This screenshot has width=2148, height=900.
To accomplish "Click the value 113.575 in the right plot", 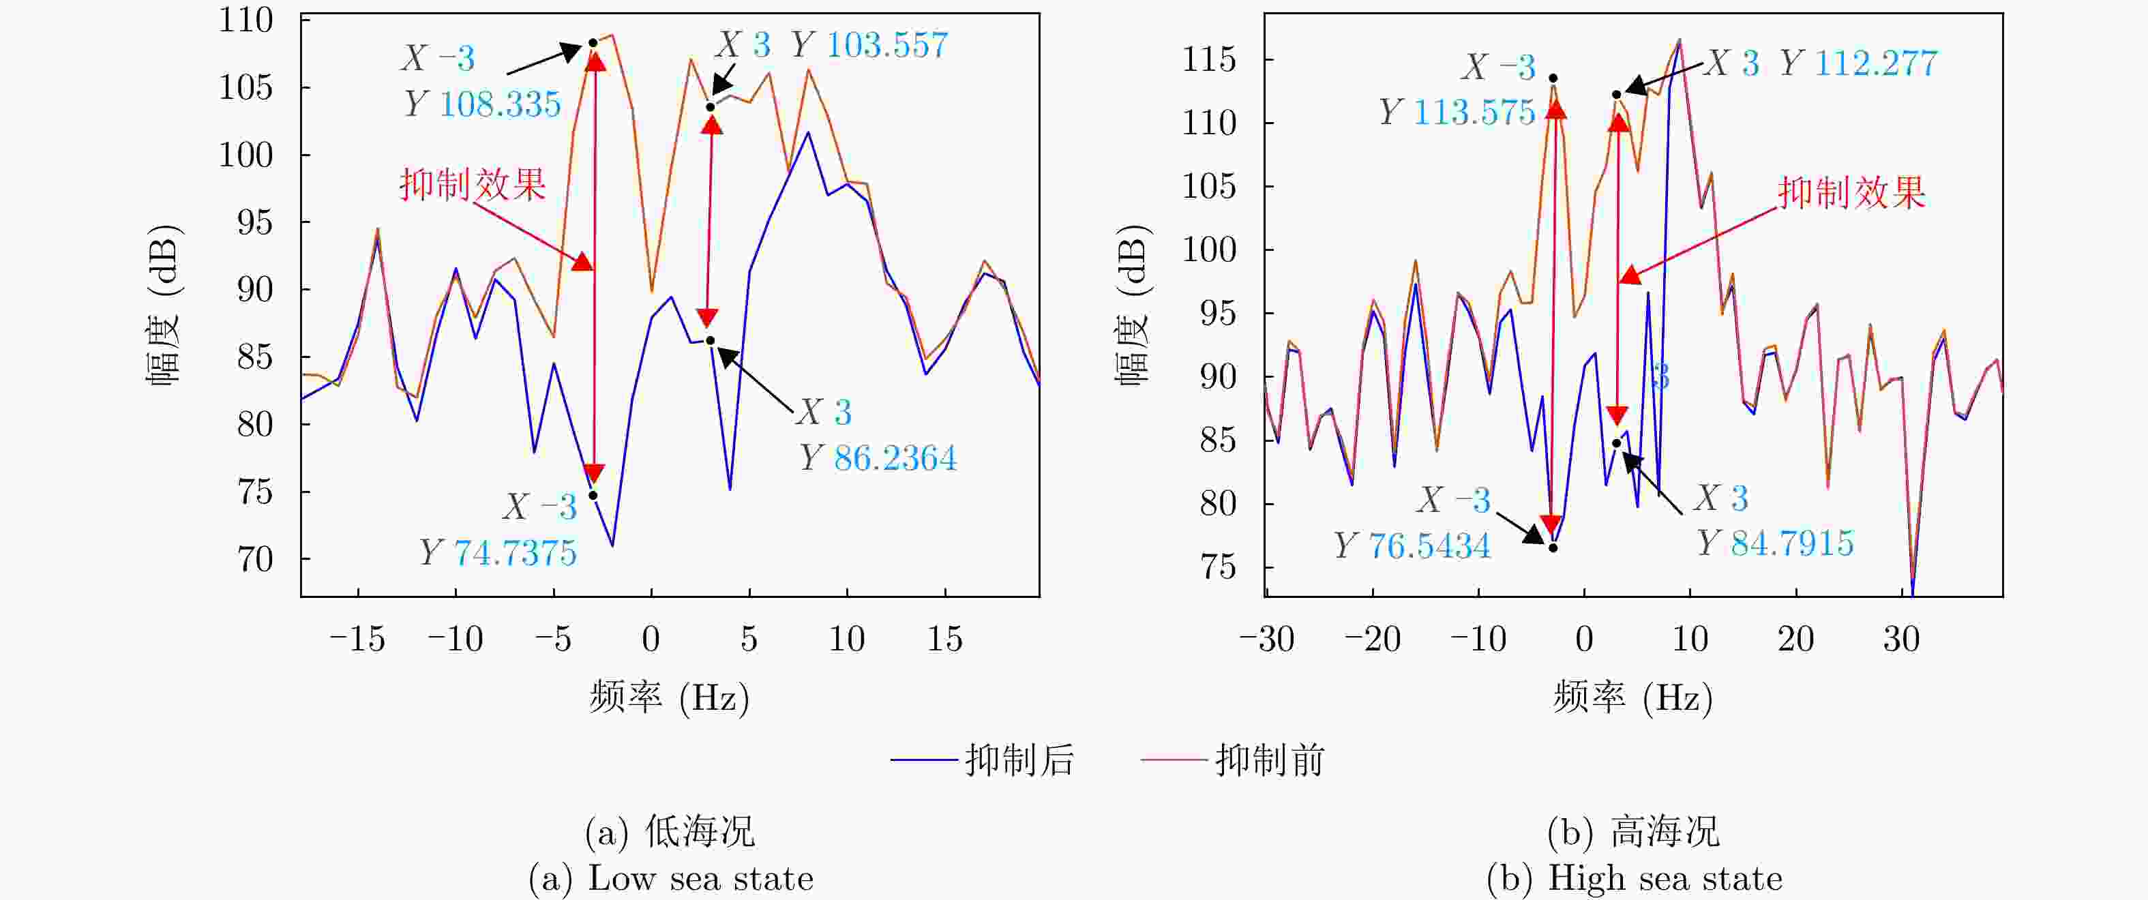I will tap(1474, 112).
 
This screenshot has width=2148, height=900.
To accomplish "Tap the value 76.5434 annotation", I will tap(1429, 546).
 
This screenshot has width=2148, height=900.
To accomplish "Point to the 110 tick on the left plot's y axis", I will tap(246, 20).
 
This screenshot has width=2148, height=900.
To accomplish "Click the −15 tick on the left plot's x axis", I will tap(358, 640).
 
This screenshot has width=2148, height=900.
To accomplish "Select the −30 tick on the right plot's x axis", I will tap(1266, 640).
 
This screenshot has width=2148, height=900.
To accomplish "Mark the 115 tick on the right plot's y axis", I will tap(1209, 60).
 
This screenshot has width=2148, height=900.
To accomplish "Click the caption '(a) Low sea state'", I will tap(671, 878).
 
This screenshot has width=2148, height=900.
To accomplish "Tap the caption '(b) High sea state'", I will tap(1635, 878).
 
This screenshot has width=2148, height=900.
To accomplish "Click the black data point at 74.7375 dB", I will tap(593, 496).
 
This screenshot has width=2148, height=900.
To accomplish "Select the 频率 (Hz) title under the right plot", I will tap(1632, 697).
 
